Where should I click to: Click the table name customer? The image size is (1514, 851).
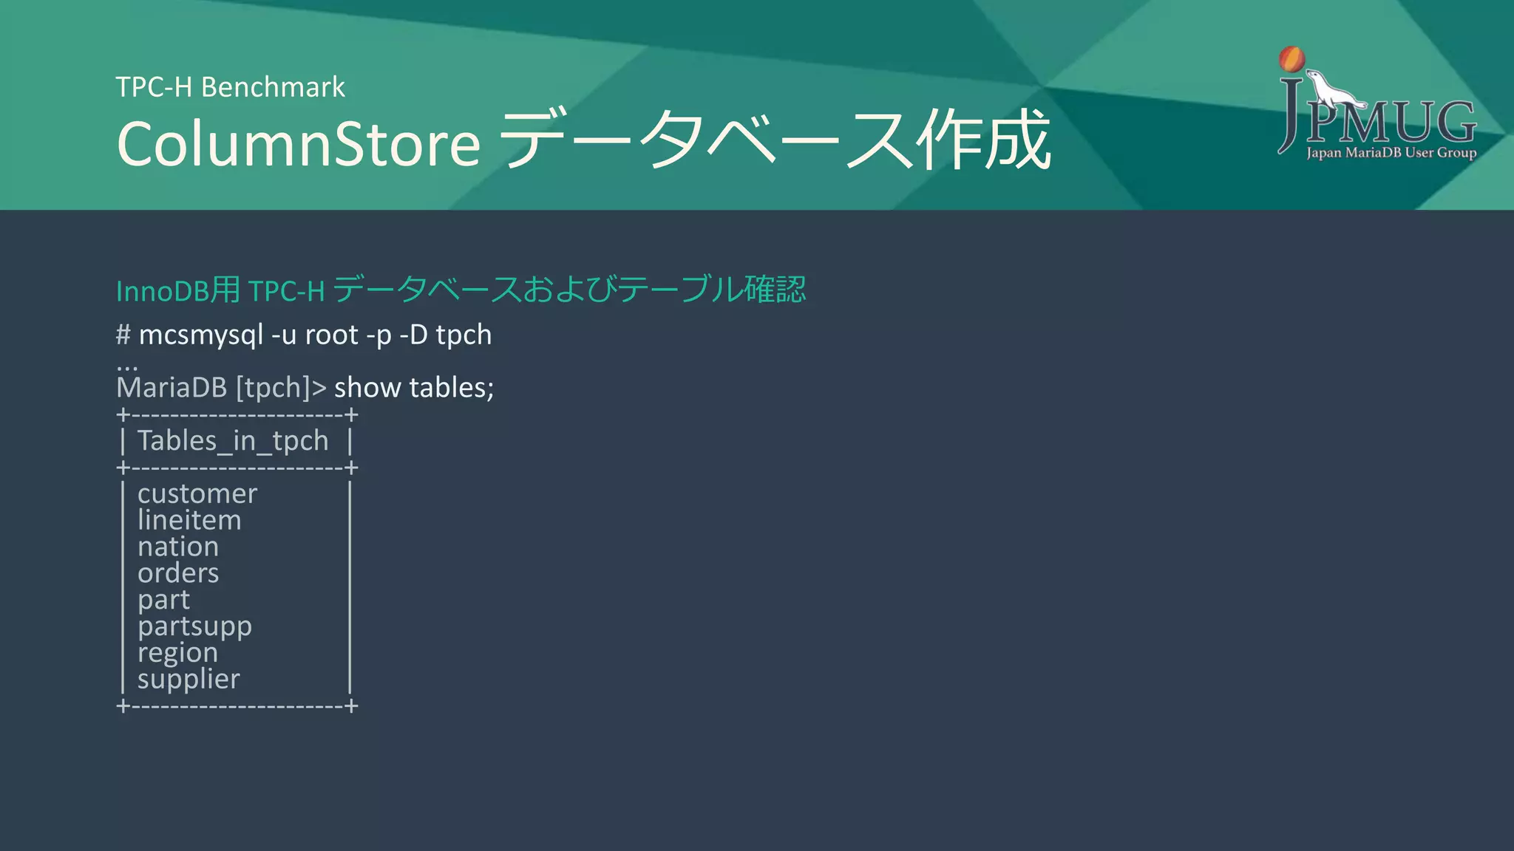click(197, 493)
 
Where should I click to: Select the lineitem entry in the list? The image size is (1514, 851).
click(189, 520)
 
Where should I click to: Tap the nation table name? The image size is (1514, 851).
click(178, 547)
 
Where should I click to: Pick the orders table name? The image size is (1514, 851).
click(178, 573)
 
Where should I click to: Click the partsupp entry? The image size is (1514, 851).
click(194, 626)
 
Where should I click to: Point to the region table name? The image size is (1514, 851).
click(177, 653)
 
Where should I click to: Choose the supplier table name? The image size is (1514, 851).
click(189, 679)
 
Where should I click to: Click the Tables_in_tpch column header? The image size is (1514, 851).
click(233, 441)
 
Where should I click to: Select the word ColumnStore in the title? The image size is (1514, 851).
click(299, 143)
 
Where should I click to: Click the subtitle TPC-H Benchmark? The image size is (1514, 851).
click(230, 87)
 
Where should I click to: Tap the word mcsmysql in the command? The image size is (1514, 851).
click(200, 335)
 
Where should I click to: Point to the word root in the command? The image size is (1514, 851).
click(332, 335)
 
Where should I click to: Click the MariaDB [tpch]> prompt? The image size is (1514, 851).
click(221, 388)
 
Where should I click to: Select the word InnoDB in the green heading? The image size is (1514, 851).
click(162, 291)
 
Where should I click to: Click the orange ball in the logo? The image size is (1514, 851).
click(1291, 59)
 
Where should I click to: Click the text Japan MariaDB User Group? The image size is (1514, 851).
click(1391, 153)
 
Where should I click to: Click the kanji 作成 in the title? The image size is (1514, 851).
click(982, 140)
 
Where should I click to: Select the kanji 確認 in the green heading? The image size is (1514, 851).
click(775, 289)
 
